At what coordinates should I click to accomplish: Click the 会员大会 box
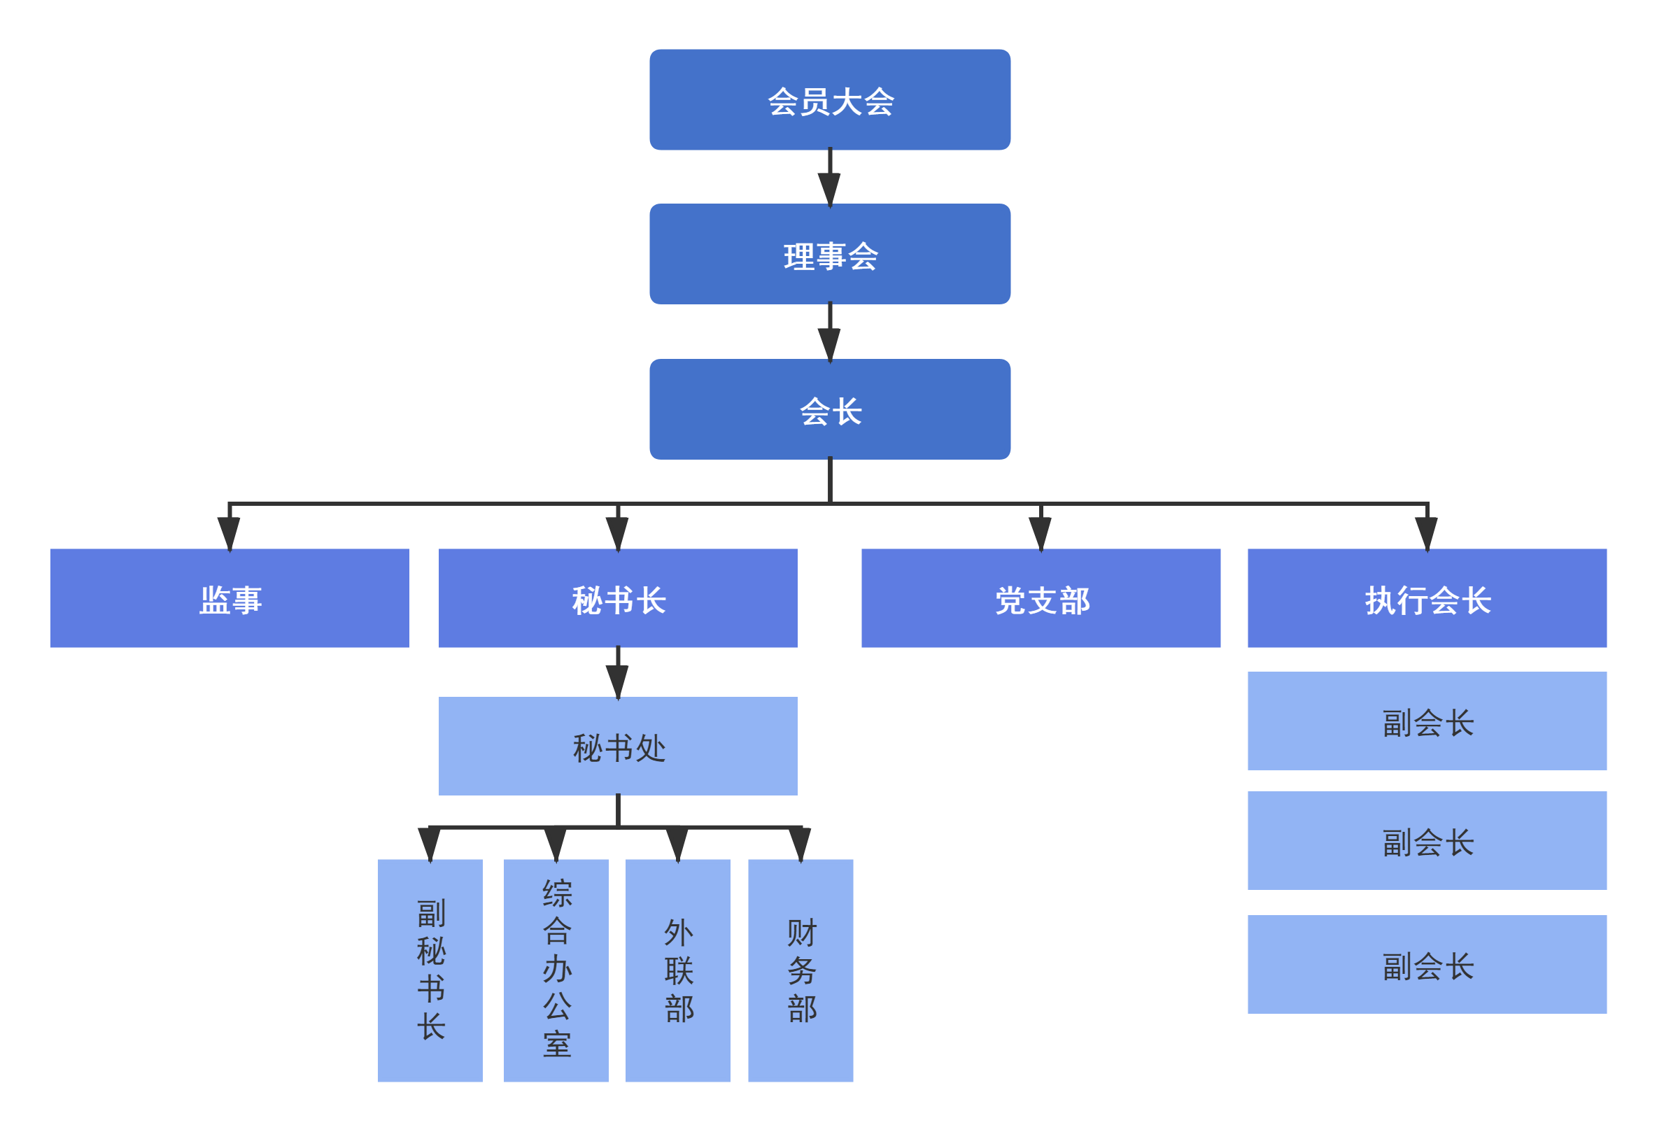click(x=829, y=100)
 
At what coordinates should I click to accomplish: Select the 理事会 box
click(x=829, y=255)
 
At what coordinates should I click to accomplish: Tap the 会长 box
click(x=829, y=409)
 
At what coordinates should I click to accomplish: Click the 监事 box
click(x=230, y=598)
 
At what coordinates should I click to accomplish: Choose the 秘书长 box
click(x=617, y=598)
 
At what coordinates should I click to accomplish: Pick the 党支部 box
click(x=1041, y=598)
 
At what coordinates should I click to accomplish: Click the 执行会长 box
click(x=1427, y=598)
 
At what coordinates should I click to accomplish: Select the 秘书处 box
click(x=617, y=746)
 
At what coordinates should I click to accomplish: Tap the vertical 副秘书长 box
click(x=430, y=970)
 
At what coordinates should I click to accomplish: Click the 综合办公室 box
click(x=556, y=970)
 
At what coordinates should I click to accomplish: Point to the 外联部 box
click(x=677, y=970)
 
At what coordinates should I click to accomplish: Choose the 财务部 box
click(x=800, y=970)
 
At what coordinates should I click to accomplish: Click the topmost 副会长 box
click(x=1427, y=721)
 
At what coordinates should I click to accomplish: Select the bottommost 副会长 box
click(x=1427, y=964)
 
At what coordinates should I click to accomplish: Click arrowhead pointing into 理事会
click(x=829, y=189)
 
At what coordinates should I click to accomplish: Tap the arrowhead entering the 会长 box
click(x=829, y=344)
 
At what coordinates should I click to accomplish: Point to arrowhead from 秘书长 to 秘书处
click(x=617, y=681)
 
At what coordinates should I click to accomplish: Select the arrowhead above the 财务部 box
click(x=800, y=844)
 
